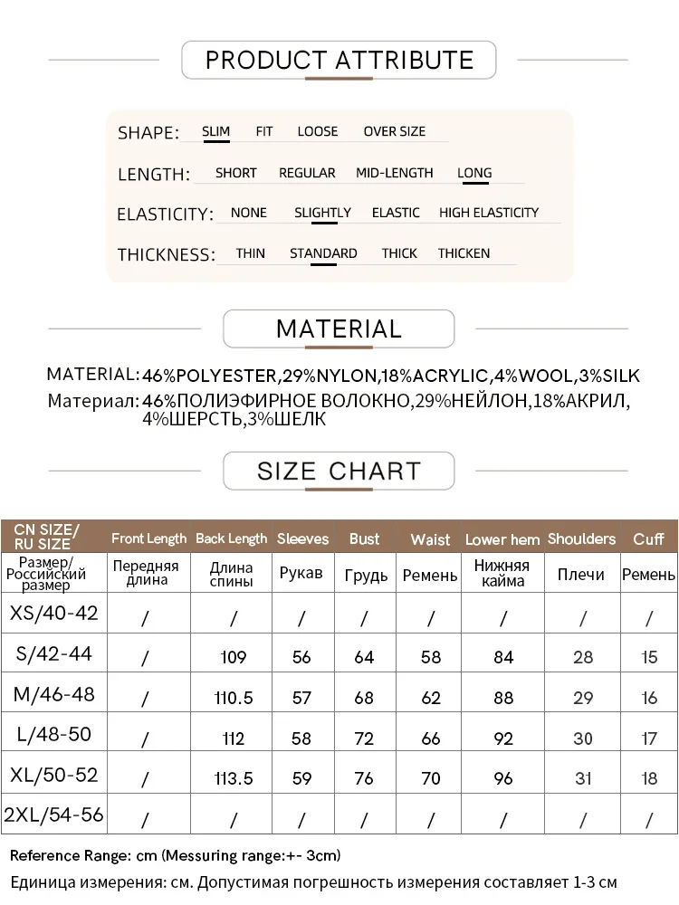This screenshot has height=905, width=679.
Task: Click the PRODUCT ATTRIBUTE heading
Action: pyautogui.click(x=339, y=61)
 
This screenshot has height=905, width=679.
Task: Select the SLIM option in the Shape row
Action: pyautogui.click(x=216, y=132)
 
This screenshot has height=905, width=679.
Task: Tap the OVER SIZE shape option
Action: pyautogui.click(x=394, y=132)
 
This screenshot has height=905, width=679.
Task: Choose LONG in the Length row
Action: pyautogui.click(x=474, y=173)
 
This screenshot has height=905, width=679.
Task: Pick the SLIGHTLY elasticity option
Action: pyautogui.click(x=322, y=213)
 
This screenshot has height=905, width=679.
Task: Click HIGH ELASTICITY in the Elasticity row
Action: pyautogui.click(x=489, y=213)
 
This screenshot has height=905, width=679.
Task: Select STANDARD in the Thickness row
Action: pyautogui.click(x=323, y=253)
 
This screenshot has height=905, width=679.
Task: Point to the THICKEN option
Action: pyautogui.click(x=464, y=253)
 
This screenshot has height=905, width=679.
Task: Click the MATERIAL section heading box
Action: pyautogui.click(x=339, y=329)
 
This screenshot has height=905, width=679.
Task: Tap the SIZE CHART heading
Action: pyautogui.click(x=339, y=471)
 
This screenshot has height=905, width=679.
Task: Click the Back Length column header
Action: pyautogui.click(x=231, y=538)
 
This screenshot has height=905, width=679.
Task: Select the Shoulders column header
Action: pyautogui.click(x=581, y=538)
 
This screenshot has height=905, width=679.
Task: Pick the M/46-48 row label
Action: pyautogui.click(x=53, y=695)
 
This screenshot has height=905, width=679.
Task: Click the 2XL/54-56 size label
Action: pyautogui.click(x=53, y=815)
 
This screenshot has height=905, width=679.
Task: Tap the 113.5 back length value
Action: pyautogui.click(x=234, y=778)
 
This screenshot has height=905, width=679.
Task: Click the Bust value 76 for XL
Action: pyautogui.click(x=364, y=778)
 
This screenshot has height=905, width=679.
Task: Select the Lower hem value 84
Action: pyautogui.click(x=503, y=657)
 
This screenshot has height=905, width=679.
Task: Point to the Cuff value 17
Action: pyautogui.click(x=649, y=738)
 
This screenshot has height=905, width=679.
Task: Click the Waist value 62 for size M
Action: pyautogui.click(x=431, y=698)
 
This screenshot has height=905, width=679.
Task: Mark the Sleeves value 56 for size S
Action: pyautogui.click(x=301, y=657)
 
